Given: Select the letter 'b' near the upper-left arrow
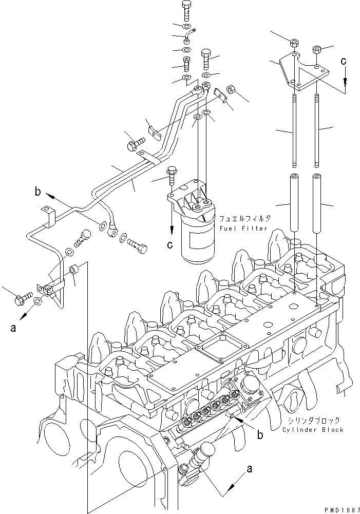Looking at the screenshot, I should (37, 194).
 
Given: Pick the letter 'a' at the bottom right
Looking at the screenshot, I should (250, 468).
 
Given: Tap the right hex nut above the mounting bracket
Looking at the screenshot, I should (317, 50).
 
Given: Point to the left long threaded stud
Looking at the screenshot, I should (293, 131).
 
